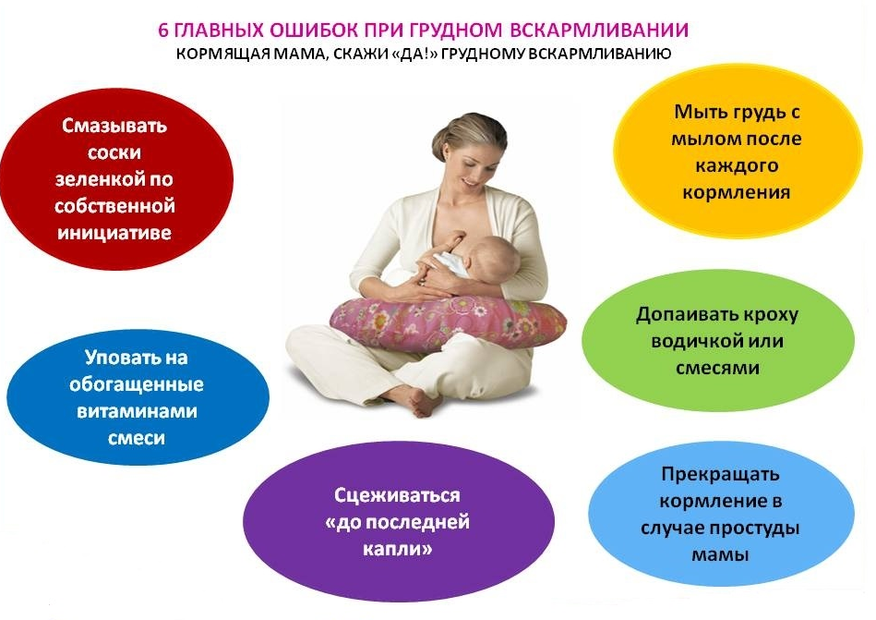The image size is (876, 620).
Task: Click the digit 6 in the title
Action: point(163,30)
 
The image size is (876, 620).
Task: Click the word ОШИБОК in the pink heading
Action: point(313,30)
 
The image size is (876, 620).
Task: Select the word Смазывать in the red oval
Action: point(114,126)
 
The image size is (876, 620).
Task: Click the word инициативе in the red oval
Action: point(114,233)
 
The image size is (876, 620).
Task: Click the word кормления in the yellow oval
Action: point(737,192)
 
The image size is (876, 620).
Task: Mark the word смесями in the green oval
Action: point(717,368)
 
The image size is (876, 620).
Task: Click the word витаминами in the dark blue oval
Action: point(137,411)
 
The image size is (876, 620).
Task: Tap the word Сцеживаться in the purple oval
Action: point(397,495)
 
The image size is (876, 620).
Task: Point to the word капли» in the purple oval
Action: point(397,549)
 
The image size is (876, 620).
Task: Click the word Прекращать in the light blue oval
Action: point(720,474)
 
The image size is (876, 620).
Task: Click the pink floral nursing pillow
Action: point(448,324)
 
